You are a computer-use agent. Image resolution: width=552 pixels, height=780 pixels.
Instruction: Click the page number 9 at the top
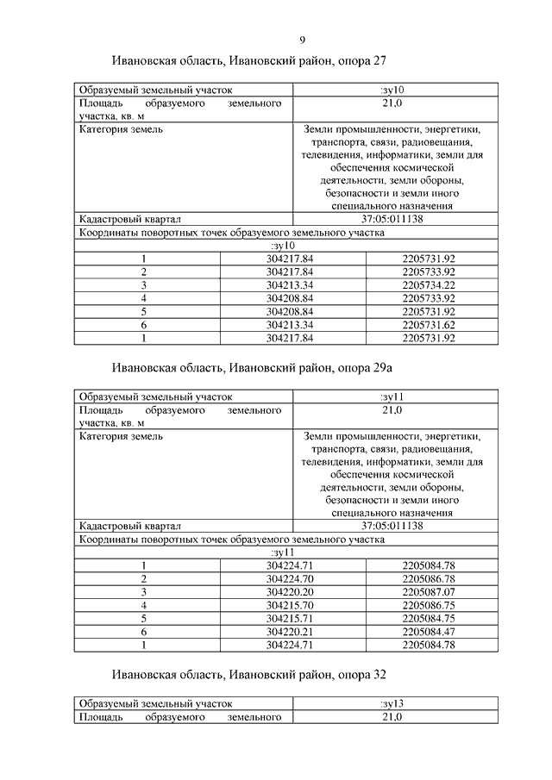303,39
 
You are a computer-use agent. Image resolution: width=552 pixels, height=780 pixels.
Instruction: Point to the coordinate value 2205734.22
429,285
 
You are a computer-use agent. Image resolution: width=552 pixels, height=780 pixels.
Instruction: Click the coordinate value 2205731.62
429,325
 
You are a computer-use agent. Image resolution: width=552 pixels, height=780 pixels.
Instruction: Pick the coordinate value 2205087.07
429,593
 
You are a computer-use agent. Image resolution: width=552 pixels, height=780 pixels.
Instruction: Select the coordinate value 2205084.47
429,633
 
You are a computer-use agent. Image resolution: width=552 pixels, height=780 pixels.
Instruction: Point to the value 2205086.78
429,579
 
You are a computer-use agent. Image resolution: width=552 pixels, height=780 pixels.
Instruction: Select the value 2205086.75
429,606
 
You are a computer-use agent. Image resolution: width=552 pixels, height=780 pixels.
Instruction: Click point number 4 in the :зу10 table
145,298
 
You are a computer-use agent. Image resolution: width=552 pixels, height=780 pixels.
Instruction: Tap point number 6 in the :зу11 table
145,633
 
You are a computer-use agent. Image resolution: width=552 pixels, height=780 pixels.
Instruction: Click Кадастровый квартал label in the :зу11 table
129,526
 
